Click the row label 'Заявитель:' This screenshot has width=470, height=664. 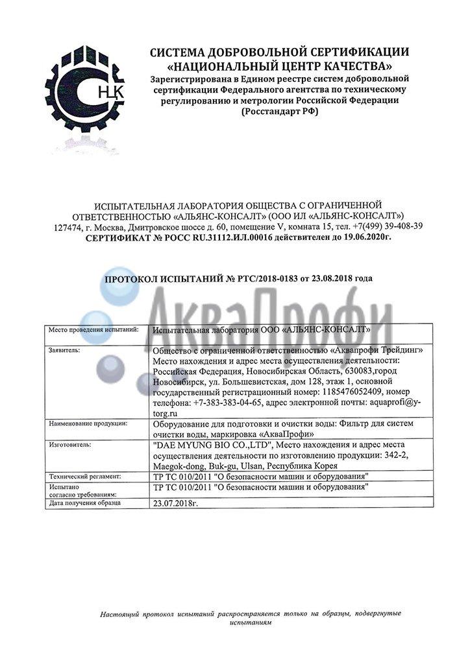[x=66, y=350]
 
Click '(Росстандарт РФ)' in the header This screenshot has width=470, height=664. [x=280, y=111]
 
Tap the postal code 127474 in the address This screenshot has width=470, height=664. [x=66, y=226]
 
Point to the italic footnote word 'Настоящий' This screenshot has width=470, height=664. [x=121, y=612]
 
